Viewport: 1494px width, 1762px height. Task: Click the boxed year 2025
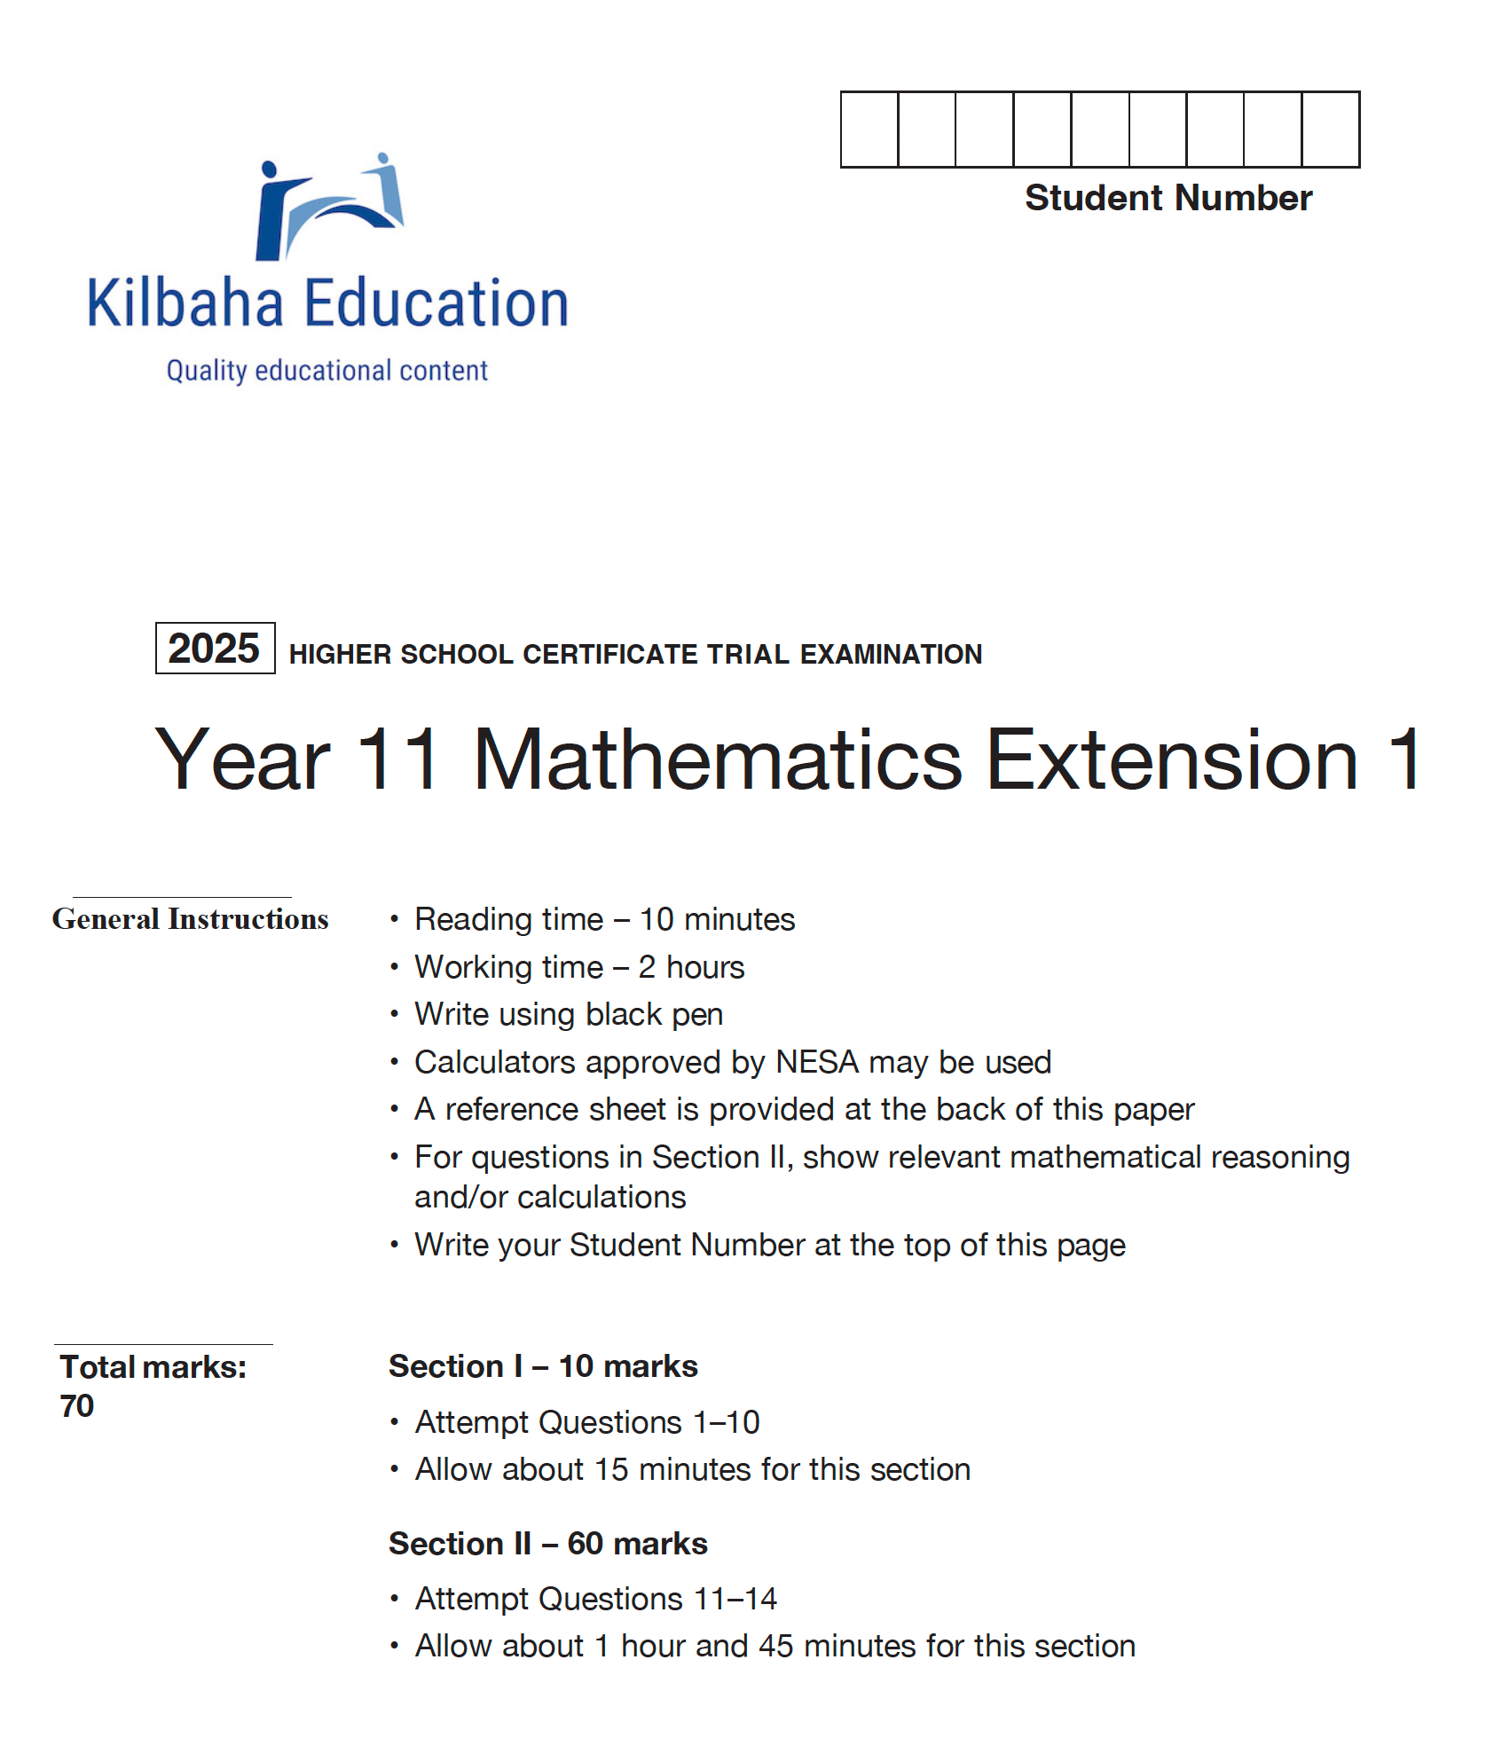coord(214,649)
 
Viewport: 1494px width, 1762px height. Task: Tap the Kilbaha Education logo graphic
coord(329,208)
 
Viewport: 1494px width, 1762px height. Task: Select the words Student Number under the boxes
coord(1168,198)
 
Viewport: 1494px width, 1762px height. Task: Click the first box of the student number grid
coord(869,130)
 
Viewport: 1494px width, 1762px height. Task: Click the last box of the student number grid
coord(1330,130)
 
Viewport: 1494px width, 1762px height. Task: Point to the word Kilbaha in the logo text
coord(185,303)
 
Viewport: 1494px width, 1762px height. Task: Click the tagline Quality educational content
coord(327,371)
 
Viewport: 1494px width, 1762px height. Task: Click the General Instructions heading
coord(190,919)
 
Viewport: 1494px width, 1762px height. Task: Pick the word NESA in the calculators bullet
coord(816,1062)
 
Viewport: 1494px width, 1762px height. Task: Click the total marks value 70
coord(77,1406)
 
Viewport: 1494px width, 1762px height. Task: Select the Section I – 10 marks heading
coord(543,1366)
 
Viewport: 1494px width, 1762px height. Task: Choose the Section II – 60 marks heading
coord(547,1544)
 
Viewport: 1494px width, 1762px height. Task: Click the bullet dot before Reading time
coord(394,919)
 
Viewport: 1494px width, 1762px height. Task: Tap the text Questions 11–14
coord(657,1599)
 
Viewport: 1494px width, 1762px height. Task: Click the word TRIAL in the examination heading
coord(748,655)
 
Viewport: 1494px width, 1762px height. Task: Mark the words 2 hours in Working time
coord(691,967)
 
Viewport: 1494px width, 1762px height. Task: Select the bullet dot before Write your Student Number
coord(394,1245)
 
